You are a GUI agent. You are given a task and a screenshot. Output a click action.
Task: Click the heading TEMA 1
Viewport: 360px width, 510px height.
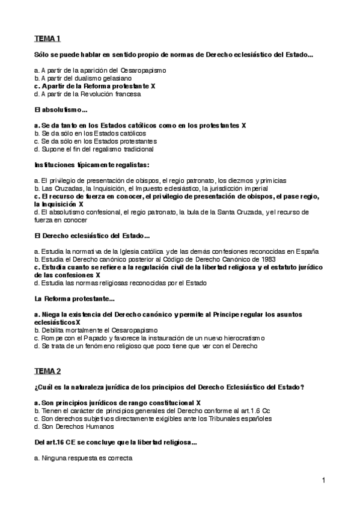48,39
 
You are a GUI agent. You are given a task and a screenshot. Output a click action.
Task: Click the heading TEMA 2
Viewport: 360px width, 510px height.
48,370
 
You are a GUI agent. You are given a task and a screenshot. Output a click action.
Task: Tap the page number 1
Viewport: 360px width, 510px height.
323,480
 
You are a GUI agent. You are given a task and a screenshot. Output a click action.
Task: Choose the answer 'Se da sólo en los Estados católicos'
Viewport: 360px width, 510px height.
90,133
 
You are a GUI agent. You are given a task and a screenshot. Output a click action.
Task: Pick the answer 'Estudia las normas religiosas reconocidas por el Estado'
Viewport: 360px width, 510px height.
120,282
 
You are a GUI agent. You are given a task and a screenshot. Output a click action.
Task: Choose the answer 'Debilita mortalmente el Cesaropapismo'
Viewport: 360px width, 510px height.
96,330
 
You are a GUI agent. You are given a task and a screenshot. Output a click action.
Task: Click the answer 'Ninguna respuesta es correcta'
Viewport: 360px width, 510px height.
84,458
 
